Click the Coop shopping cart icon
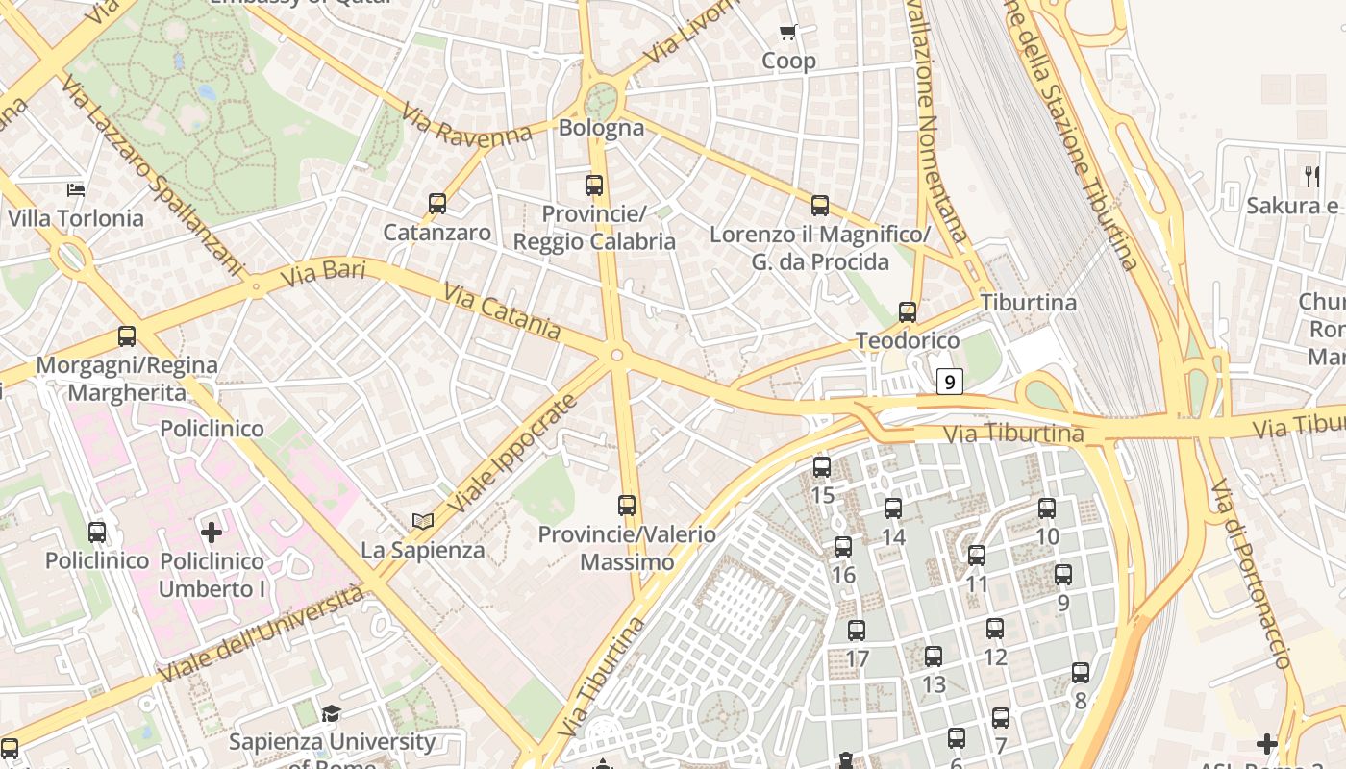click(788, 33)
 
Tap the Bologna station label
click(601, 128)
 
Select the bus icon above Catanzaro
click(437, 204)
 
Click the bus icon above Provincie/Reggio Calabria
click(594, 185)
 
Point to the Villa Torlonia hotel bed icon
click(76, 189)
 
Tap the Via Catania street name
click(501, 310)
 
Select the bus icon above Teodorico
click(908, 311)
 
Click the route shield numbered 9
click(950, 382)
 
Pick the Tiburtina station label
click(1029, 303)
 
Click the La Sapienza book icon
click(423, 522)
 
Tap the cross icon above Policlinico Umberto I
click(212, 532)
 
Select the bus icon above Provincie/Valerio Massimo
click(627, 505)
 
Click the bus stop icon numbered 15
click(822, 467)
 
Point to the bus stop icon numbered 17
click(857, 631)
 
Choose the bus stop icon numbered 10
click(1047, 509)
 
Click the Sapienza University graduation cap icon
click(332, 713)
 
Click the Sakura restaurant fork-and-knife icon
click(1312, 176)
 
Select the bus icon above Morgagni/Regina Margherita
click(127, 336)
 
